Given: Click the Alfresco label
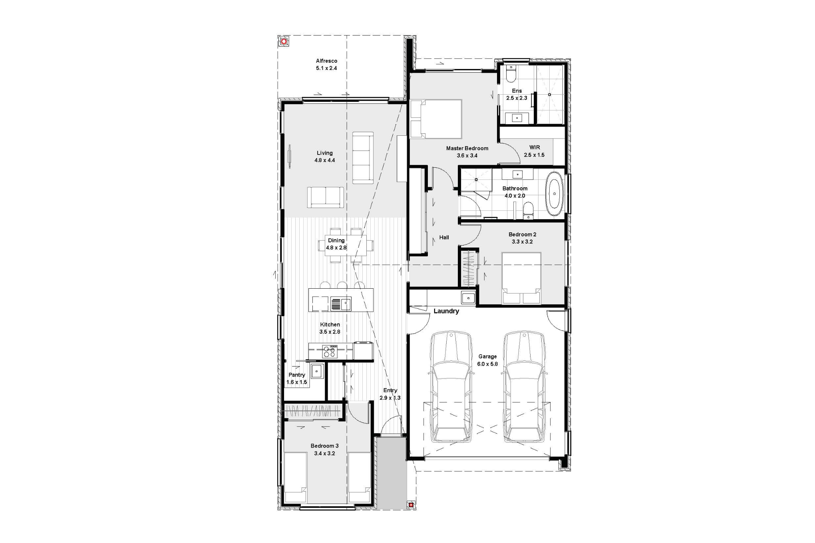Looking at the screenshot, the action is click(326, 61).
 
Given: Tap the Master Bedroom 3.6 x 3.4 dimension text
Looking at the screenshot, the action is click(467, 156).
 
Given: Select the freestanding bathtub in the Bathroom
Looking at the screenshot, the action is click(555, 194).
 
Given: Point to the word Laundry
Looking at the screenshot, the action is click(446, 311).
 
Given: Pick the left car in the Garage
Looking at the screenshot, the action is click(451, 386).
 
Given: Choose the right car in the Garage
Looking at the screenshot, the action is click(524, 386).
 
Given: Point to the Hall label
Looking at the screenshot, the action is click(444, 237).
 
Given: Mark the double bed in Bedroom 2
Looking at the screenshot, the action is click(521, 278).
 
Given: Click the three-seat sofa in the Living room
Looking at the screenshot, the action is click(363, 158).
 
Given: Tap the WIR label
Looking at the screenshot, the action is click(535, 147).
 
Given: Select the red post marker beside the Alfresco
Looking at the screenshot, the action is click(284, 41).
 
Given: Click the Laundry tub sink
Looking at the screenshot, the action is click(468, 297).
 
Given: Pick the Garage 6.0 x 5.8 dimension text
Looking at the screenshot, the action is click(487, 364).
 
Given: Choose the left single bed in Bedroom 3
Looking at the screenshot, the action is click(295, 478).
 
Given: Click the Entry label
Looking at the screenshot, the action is click(390, 390).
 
